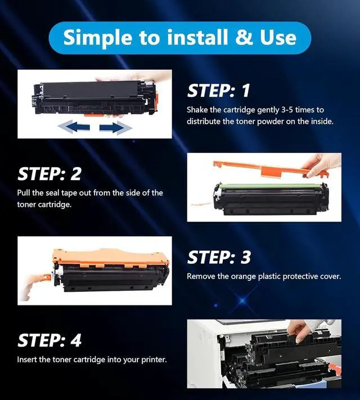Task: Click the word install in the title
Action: tap(197, 37)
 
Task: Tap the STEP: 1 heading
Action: tap(219, 91)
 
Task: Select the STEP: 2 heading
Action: tap(49, 174)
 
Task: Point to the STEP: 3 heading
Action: tap(219, 257)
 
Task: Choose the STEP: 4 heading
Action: tap(49, 340)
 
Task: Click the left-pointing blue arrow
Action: tap(74, 127)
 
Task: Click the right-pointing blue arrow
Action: tap(115, 127)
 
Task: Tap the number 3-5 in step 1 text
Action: tap(287, 110)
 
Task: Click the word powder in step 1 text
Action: tap(271, 122)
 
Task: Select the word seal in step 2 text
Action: tap(52, 193)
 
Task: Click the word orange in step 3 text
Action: tap(244, 277)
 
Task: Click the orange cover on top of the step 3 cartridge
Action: tap(111, 258)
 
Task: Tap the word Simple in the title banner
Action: tap(98, 38)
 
